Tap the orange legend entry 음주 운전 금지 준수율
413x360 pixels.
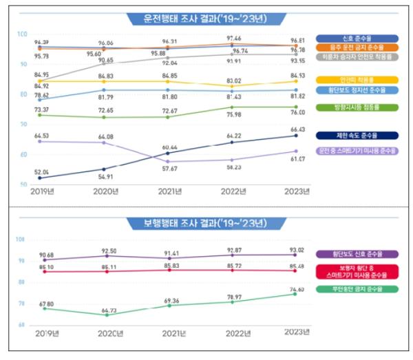357,47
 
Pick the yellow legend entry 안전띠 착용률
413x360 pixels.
357,79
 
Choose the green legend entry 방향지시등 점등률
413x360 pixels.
357,107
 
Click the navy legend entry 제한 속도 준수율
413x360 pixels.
357,135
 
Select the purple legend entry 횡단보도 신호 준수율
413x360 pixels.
357,253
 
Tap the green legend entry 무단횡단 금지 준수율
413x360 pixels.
357,289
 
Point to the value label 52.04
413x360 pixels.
41,171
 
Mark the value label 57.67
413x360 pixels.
169,169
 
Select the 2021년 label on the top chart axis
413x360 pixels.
169,191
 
